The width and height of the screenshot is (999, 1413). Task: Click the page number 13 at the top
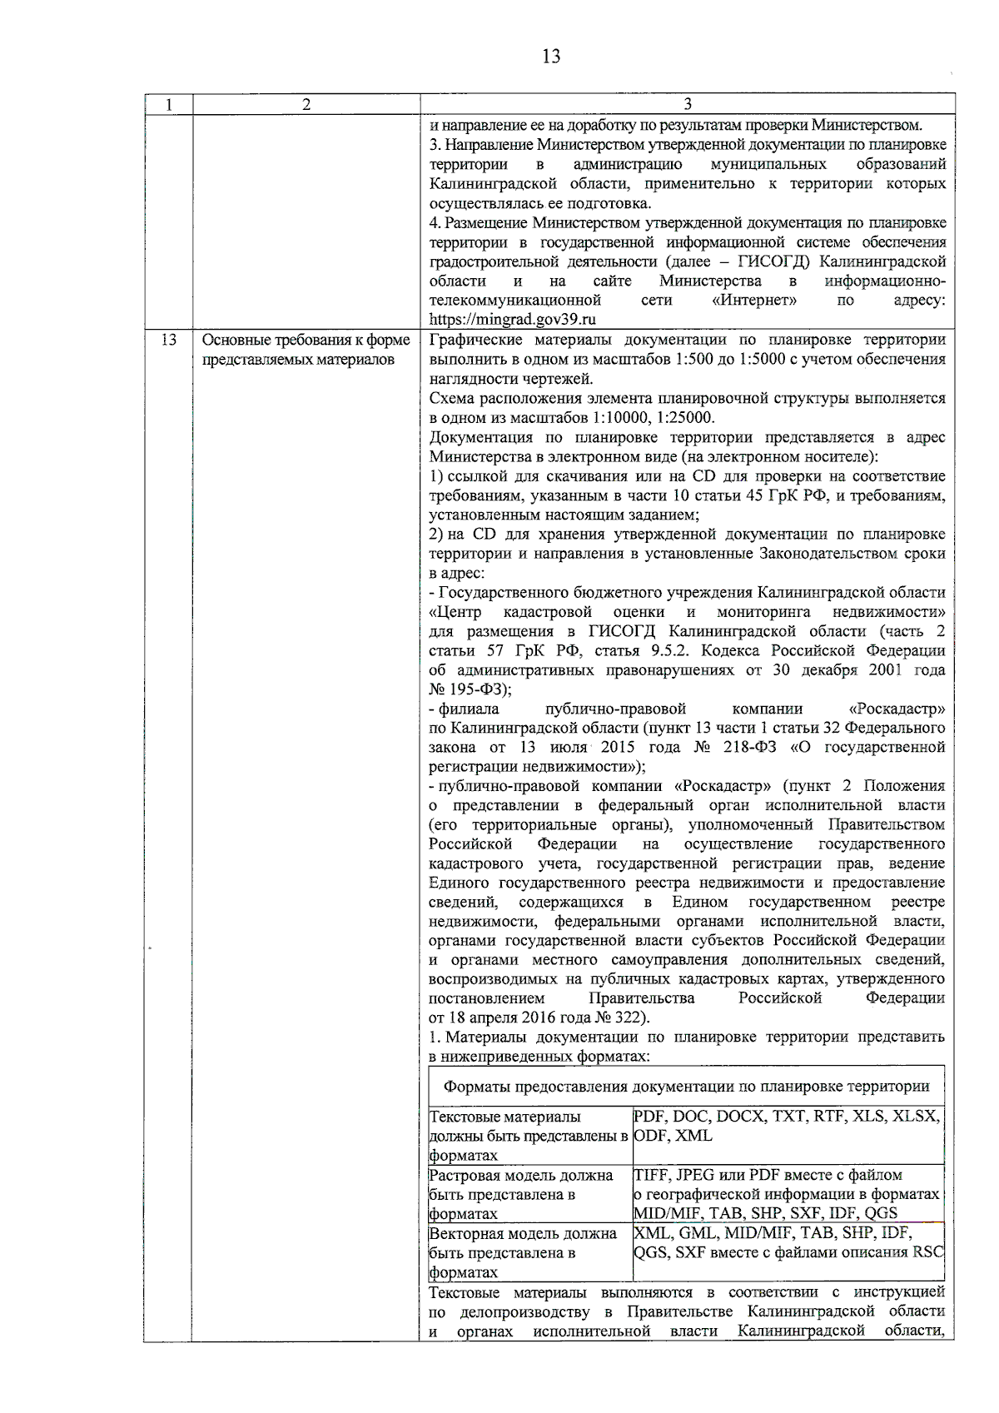point(550,57)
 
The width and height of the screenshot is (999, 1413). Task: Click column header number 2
point(306,104)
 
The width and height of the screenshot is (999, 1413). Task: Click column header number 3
point(687,104)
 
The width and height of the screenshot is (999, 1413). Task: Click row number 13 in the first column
point(168,341)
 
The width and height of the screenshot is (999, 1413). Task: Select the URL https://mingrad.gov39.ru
point(513,320)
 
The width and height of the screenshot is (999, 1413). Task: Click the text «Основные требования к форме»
point(306,341)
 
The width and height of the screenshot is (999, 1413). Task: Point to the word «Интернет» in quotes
point(754,301)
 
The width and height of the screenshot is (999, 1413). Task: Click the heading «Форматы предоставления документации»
point(686,1087)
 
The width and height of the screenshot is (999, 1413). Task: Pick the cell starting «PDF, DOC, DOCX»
point(788,1126)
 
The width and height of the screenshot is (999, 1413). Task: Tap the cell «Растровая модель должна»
point(522,1194)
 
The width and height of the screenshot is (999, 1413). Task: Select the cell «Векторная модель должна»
point(522,1252)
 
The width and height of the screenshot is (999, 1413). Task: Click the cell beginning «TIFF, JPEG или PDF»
point(788,1194)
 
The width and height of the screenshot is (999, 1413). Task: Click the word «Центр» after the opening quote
point(458,613)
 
